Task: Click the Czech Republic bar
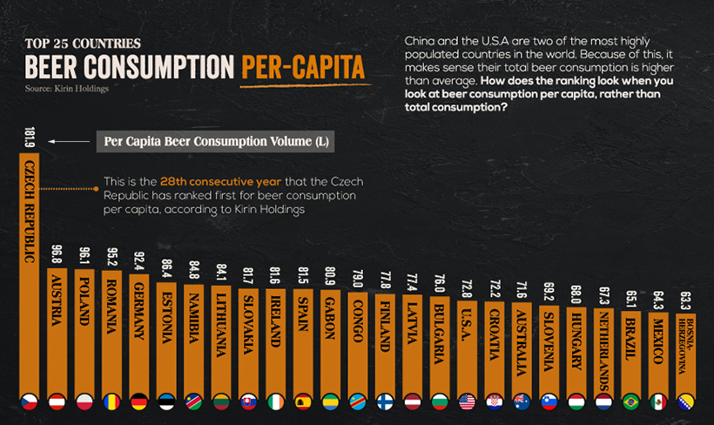[x=30, y=270]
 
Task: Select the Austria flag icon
[x=57, y=401]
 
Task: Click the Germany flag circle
[x=139, y=401]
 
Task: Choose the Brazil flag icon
[x=630, y=401]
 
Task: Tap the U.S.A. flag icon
[x=467, y=401]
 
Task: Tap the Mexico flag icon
[x=658, y=401]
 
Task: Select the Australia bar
[x=522, y=348]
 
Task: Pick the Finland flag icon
[x=385, y=401]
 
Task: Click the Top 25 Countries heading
[x=83, y=42]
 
